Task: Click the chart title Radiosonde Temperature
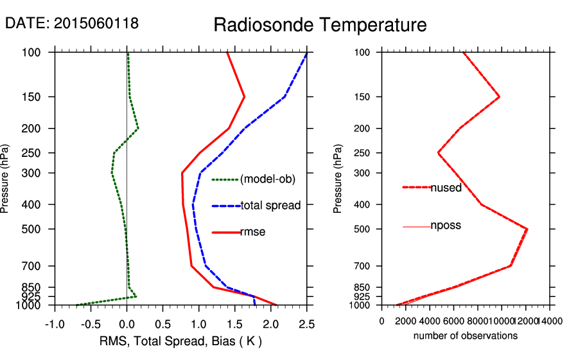(320, 25)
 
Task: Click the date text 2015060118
(96, 23)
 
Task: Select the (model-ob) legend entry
(267, 179)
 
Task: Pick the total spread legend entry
(270, 206)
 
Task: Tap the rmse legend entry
(252, 232)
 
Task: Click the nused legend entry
(446, 188)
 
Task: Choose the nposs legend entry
(446, 226)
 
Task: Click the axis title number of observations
(466, 336)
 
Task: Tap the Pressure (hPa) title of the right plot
(338, 179)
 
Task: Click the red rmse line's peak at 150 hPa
(245, 97)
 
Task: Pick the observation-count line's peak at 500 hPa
(527, 229)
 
